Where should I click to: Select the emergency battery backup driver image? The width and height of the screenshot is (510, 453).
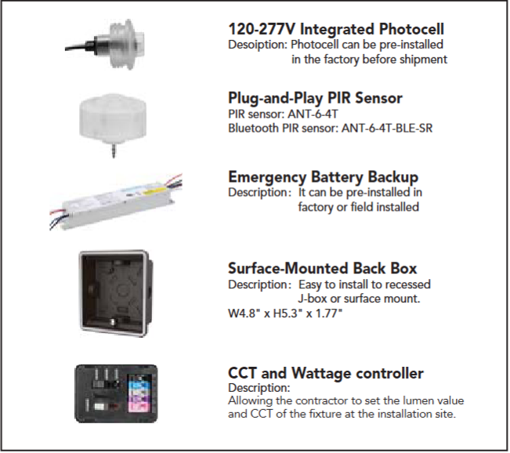click(x=115, y=201)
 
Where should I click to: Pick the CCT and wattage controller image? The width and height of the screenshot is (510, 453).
click(x=116, y=393)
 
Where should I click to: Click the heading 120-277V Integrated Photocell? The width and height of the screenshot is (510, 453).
click(x=336, y=29)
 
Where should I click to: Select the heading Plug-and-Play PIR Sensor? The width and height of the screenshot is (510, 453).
click(x=315, y=98)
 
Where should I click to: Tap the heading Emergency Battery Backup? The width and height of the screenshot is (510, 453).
click(x=324, y=177)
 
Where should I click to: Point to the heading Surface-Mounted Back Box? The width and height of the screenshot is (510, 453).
click(x=322, y=268)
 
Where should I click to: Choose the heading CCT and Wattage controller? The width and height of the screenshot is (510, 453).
click(x=326, y=373)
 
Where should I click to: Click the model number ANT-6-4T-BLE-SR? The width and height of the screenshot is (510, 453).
click(x=387, y=129)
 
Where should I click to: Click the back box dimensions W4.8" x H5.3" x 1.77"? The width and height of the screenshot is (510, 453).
click(x=285, y=313)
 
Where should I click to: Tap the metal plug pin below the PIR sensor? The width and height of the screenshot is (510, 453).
click(x=113, y=151)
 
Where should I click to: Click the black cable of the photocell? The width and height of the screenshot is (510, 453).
click(x=81, y=48)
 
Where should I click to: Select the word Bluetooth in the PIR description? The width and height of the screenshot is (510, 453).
click(x=253, y=129)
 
